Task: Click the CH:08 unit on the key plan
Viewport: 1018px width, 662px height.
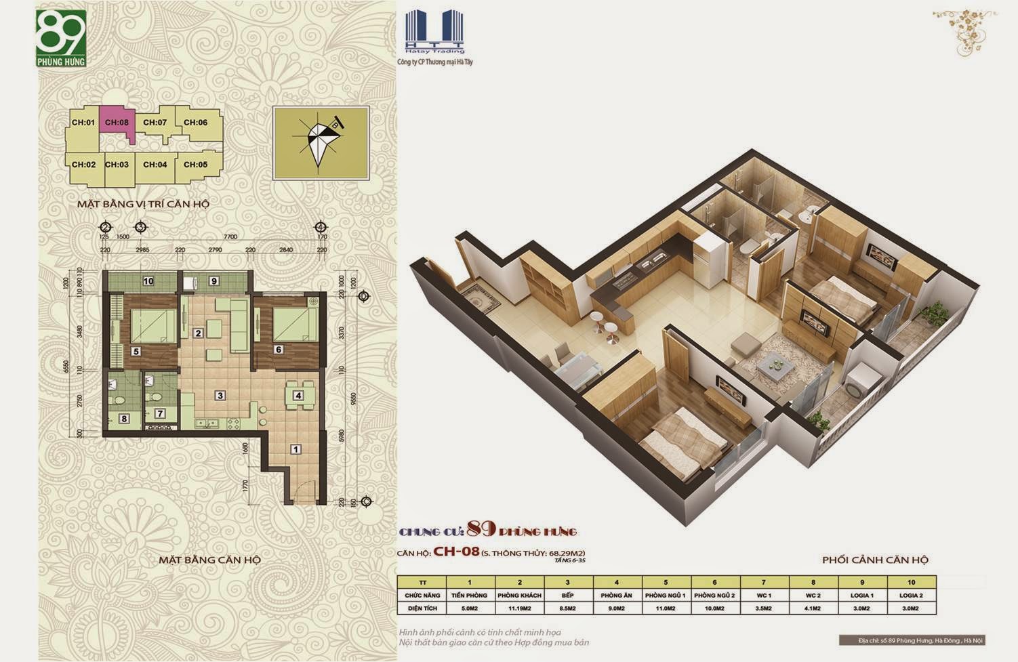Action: tap(117, 123)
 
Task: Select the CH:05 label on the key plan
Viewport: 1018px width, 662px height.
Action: tap(195, 165)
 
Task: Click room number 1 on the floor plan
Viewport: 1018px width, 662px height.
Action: tap(296, 449)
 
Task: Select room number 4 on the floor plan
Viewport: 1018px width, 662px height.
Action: tap(298, 396)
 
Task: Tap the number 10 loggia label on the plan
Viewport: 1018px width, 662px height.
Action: tap(148, 281)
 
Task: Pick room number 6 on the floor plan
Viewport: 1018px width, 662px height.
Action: tap(279, 350)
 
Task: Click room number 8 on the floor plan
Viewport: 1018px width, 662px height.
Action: tap(124, 419)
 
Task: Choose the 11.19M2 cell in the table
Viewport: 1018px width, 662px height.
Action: tap(519, 608)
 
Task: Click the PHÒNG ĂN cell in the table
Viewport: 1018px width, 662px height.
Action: tap(617, 595)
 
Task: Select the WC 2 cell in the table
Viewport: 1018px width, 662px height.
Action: tap(813, 595)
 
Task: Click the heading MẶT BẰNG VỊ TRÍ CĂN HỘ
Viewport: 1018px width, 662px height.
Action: tap(142, 203)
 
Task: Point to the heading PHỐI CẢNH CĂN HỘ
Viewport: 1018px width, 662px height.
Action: tap(874, 560)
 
